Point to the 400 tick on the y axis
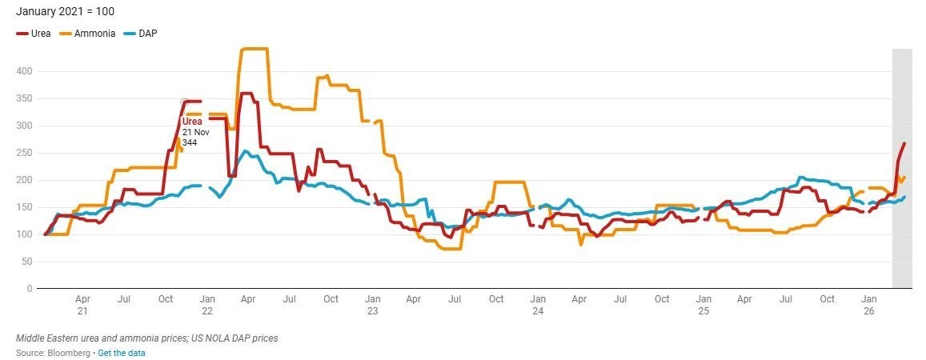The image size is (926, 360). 25,71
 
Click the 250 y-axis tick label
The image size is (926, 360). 25,153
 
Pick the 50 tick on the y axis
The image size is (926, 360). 27,262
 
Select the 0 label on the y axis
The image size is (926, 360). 29,289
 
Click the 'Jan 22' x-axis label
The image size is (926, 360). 206,304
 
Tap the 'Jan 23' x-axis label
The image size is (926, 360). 372,304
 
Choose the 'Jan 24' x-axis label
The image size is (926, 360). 538,304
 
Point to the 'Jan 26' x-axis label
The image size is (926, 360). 869,304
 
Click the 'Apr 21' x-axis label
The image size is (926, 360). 82,304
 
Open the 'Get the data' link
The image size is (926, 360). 122,353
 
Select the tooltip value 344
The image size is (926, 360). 190,142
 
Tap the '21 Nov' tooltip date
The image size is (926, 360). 195,132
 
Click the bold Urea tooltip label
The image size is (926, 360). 192,122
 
